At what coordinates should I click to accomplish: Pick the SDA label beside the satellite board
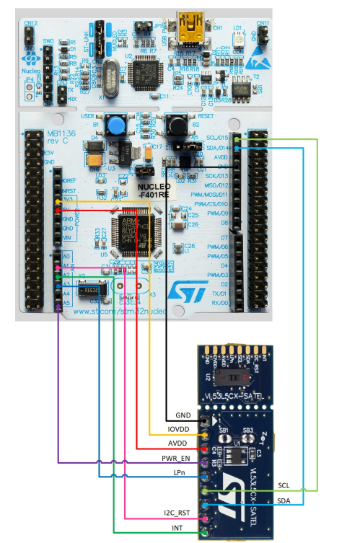point(285,499)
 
